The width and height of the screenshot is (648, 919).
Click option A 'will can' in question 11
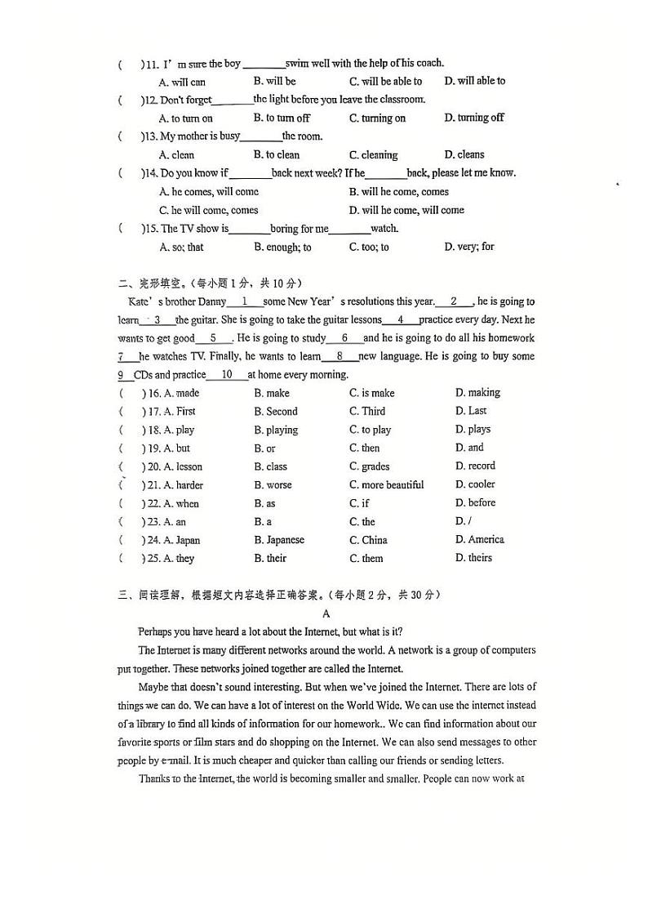coord(182,82)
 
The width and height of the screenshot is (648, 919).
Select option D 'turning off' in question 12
coord(474,118)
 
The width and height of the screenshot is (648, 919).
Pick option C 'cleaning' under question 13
coord(373,155)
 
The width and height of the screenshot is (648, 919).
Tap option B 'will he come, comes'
coord(398,192)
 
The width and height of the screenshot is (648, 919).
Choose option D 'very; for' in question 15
coord(469,247)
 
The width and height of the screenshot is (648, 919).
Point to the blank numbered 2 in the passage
coord(454,301)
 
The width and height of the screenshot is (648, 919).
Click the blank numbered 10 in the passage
coord(227,375)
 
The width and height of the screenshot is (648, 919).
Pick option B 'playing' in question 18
coord(276,430)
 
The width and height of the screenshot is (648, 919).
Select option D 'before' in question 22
coord(475,503)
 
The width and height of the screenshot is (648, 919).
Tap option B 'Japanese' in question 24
coord(278,540)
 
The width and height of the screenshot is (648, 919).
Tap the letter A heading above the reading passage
coord(326,613)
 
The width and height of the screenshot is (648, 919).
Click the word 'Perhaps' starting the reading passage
coord(154,631)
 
